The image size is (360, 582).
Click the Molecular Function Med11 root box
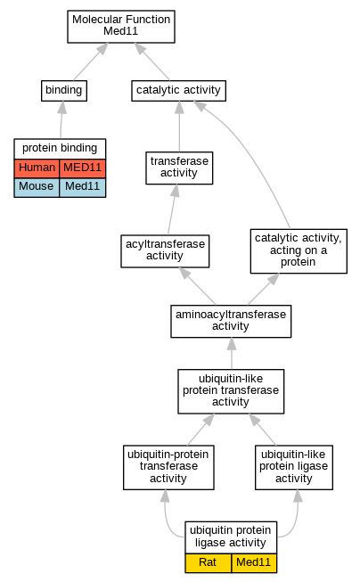(121, 27)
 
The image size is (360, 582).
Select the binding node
(64, 91)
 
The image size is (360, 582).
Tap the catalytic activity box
(178, 91)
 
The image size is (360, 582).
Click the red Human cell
(37, 168)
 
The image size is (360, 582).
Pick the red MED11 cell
(82, 168)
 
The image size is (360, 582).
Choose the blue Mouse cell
(37, 187)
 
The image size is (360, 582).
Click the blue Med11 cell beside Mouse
(82, 187)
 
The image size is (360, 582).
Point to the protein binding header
(60, 149)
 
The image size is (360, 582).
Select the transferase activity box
(179, 168)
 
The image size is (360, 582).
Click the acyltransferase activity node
(165, 251)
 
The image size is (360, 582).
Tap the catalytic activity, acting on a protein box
(299, 251)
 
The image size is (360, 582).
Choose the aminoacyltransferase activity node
(231, 321)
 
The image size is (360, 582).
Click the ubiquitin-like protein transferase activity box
(231, 391)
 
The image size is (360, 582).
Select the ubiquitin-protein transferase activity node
(168, 467)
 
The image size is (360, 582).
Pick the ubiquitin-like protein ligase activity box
(294, 467)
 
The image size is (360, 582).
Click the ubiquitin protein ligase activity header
(231, 537)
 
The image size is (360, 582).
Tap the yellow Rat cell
(208, 562)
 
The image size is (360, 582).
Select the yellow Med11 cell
(254, 562)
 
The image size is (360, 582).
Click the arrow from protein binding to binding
(61, 119)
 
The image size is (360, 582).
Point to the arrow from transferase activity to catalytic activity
(179, 127)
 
